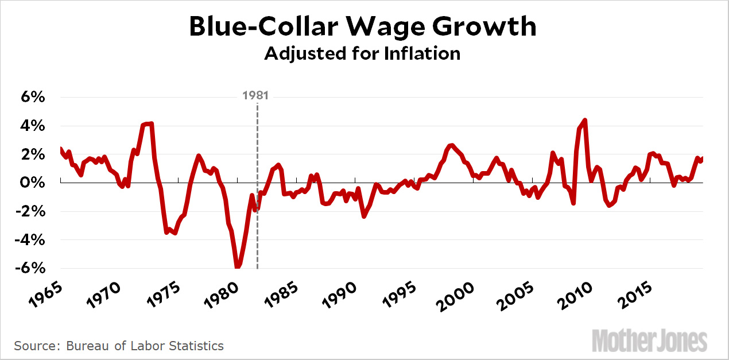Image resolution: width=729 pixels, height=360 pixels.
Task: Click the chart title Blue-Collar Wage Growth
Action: [x=363, y=26]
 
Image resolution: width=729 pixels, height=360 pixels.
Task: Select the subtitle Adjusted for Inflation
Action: [x=362, y=53]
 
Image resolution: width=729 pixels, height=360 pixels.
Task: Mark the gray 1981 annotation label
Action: [x=255, y=95]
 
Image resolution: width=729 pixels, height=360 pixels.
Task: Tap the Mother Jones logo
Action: [x=649, y=340]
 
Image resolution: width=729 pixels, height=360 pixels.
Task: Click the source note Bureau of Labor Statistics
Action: [x=119, y=346]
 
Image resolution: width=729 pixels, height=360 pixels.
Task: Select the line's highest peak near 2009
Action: [x=584, y=121]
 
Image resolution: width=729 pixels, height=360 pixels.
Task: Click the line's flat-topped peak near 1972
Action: [x=148, y=123]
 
